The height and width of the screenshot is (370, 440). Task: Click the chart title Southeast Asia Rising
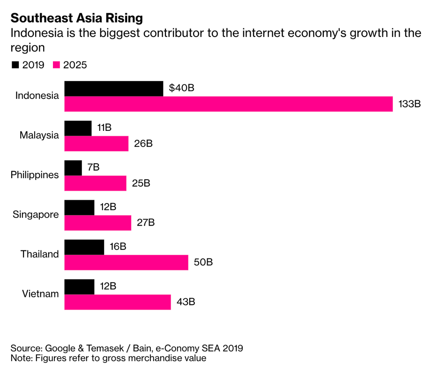click(76, 18)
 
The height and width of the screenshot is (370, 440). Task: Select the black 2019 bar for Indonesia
click(113, 88)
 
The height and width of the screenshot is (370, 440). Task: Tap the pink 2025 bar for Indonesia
click(228, 104)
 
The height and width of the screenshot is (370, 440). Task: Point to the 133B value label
click(410, 104)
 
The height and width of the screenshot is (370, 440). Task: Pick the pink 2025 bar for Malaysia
click(96, 143)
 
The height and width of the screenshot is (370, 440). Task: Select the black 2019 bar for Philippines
click(73, 167)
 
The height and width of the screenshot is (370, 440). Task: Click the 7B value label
click(93, 167)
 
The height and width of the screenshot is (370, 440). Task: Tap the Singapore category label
click(36, 214)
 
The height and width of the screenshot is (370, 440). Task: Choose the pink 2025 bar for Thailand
click(126, 262)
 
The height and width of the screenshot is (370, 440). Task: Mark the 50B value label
click(203, 262)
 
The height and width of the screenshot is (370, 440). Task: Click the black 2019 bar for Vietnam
click(79, 286)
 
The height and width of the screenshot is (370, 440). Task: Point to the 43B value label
click(186, 302)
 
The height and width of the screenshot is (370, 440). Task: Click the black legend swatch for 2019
click(15, 65)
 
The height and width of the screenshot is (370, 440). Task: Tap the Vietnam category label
click(41, 294)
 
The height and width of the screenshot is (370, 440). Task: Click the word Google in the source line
click(61, 348)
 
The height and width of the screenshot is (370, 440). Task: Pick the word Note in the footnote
click(21, 358)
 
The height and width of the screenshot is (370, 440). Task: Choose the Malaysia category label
click(39, 136)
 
